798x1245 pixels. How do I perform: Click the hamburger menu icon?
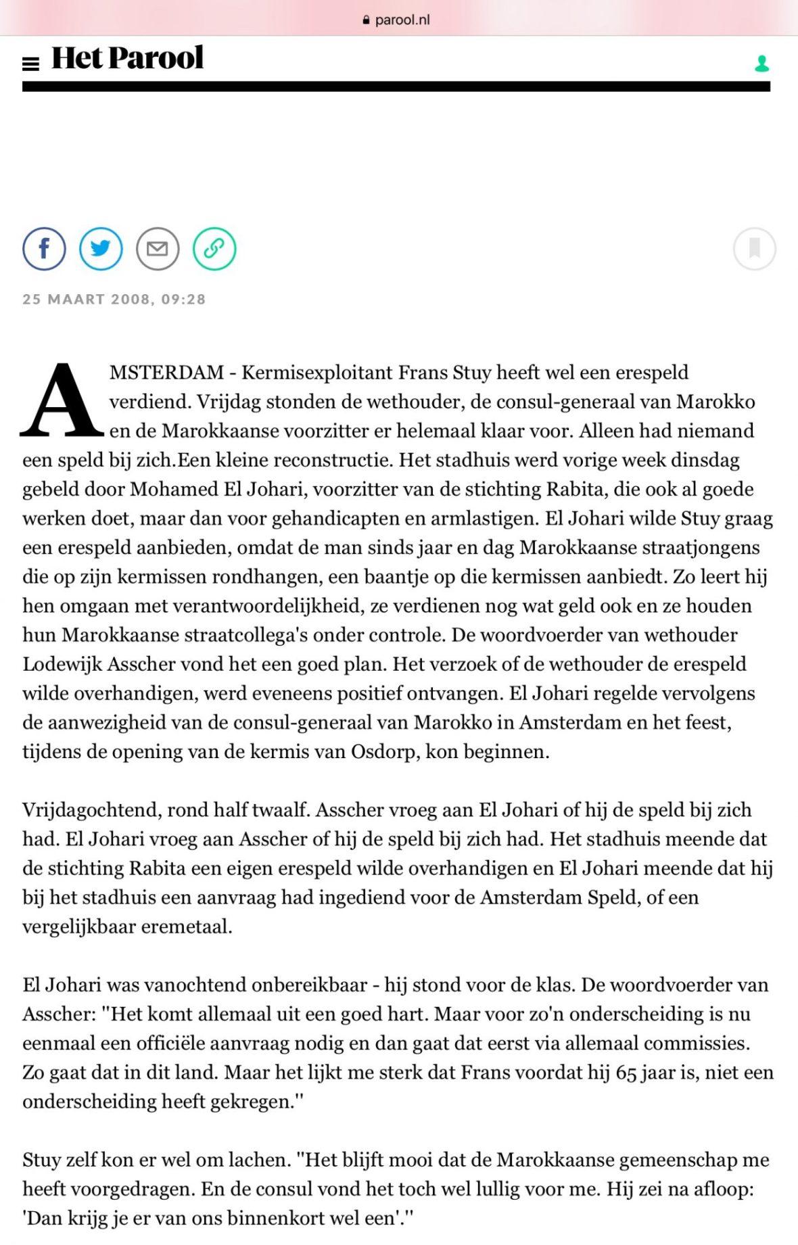pyautogui.click(x=30, y=64)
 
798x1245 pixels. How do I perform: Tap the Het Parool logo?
pyautogui.click(x=127, y=58)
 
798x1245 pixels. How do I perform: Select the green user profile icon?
pyautogui.click(x=761, y=64)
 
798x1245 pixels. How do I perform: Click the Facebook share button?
pyautogui.click(x=44, y=249)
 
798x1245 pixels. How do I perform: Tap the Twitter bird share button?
pyautogui.click(x=101, y=249)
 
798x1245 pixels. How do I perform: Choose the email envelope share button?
pyautogui.click(x=158, y=249)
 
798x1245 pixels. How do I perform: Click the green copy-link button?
pyautogui.click(x=214, y=249)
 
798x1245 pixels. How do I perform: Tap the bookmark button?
pyautogui.click(x=754, y=249)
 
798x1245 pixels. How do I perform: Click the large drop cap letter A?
pyautogui.click(x=62, y=401)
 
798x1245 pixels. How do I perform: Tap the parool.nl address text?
pyautogui.click(x=402, y=20)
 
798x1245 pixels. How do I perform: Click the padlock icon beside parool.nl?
pyautogui.click(x=366, y=20)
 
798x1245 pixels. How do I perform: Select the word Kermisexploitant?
pyautogui.click(x=317, y=373)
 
